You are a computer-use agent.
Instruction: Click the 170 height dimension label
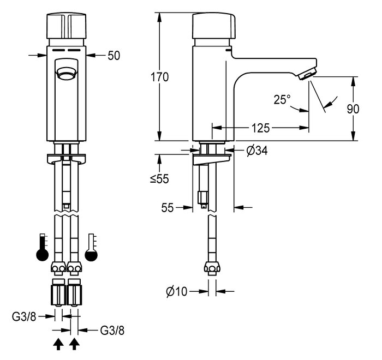tap(159, 77)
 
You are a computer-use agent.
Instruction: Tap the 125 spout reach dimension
tap(260, 128)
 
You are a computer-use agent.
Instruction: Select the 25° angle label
tap(282, 100)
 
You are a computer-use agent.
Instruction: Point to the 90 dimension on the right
tap(353, 109)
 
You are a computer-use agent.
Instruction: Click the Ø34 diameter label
tap(257, 151)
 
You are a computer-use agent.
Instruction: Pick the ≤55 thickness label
tap(159, 179)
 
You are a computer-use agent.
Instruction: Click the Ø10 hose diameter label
tap(177, 291)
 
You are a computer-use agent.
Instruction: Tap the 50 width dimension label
tap(114, 56)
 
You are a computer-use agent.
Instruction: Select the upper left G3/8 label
tap(24, 317)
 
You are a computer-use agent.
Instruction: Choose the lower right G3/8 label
tap(112, 331)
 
